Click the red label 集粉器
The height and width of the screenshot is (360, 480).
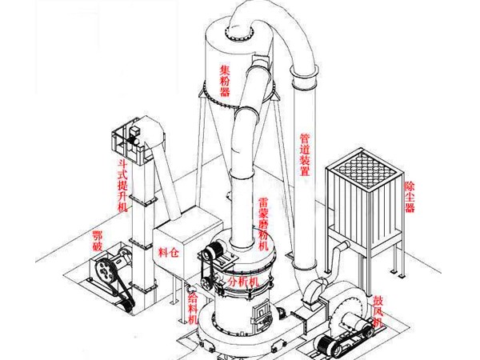(x=226, y=81)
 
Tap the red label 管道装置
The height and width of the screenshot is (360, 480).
(x=305, y=161)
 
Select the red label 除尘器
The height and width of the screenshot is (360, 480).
(x=410, y=191)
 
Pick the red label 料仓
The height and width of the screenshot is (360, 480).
(x=170, y=253)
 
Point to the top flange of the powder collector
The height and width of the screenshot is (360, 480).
(x=238, y=30)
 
